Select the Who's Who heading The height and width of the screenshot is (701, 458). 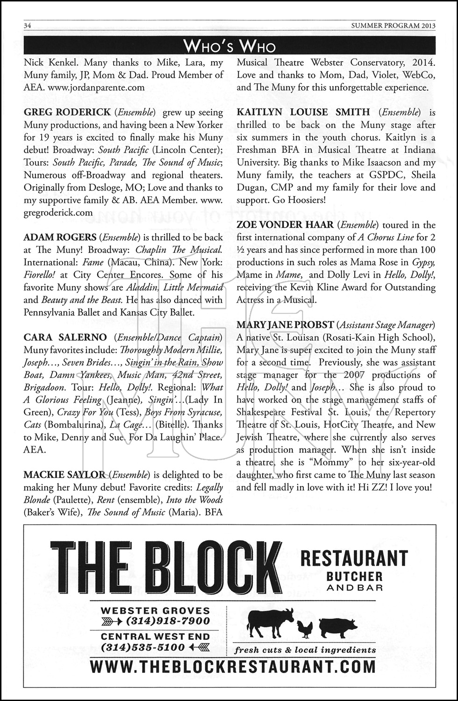pos(229,46)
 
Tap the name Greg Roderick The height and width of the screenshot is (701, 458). pos(67,112)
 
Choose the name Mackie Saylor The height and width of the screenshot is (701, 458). pos(64,475)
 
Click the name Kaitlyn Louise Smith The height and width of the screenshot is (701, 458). pos(303,112)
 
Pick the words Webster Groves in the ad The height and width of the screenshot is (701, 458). pos(156,610)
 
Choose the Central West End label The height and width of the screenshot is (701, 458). pos(156,637)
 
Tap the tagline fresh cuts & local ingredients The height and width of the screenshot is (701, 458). pos(305,650)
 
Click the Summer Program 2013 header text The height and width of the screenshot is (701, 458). pos(393,26)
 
